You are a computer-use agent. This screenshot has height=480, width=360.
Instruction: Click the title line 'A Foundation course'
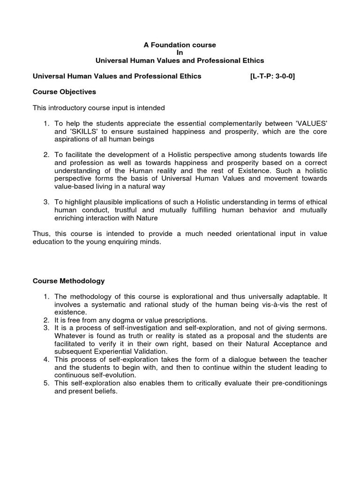point(180,45)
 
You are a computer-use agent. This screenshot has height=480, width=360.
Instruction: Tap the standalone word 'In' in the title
point(180,53)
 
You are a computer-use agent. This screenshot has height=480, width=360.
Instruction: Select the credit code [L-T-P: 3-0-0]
point(272,76)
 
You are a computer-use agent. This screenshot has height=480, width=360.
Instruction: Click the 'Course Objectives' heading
point(64,92)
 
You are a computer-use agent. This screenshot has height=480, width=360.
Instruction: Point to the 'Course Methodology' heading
point(68,281)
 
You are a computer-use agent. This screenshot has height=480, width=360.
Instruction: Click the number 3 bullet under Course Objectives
point(46,202)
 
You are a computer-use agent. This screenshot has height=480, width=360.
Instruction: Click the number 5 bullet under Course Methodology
point(46,383)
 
